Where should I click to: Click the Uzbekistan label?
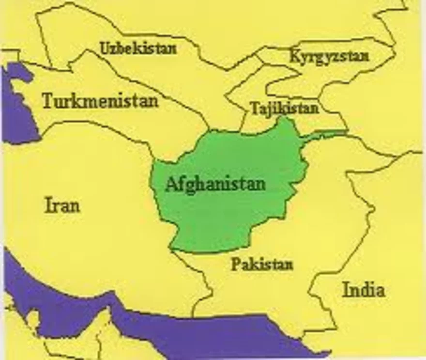pyautogui.click(x=138, y=48)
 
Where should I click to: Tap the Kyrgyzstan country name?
pyautogui.click(x=329, y=56)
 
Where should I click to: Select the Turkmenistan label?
pyautogui.click(x=100, y=101)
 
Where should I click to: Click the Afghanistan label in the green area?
pyautogui.click(x=215, y=184)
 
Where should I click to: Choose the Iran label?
pyautogui.click(x=62, y=205)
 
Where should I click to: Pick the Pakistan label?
pyautogui.click(x=262, y=265)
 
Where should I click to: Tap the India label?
pyautogui.click(x=364, y=290)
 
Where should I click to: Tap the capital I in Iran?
pyautogui.click(x=48, y=205)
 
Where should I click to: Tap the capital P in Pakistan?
pyautogui.click(x=235, y=265)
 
